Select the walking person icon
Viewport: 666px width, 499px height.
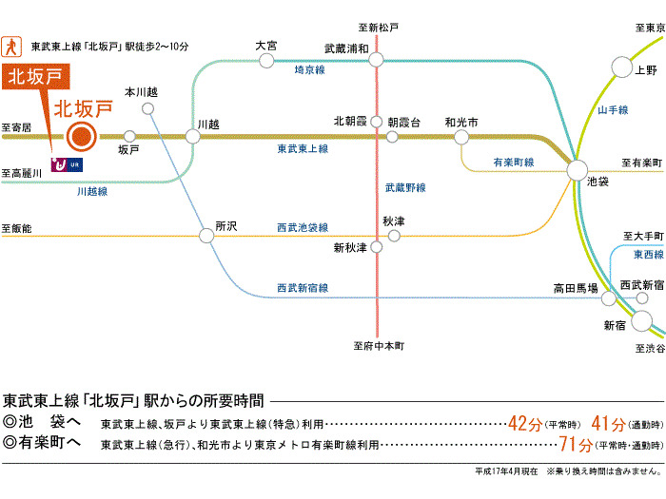[12, 45]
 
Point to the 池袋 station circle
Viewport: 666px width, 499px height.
[578, 170]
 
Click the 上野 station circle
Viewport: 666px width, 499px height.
[621, 67]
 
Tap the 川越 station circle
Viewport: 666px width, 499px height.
[193, 137]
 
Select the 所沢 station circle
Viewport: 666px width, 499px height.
[206, 236]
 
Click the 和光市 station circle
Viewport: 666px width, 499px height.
[461, 137]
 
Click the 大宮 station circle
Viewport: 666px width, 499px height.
[266, 61]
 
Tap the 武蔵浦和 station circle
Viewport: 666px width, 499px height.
[377, 62]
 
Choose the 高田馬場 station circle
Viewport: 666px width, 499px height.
[609, 298]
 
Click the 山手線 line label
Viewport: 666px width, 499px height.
[613, 111]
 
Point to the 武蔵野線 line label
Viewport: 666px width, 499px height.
[405, 187]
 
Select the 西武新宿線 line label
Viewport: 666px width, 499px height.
[302, 288]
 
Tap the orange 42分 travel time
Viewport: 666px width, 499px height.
[524, 423]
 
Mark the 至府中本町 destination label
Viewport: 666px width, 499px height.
[377, 347]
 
